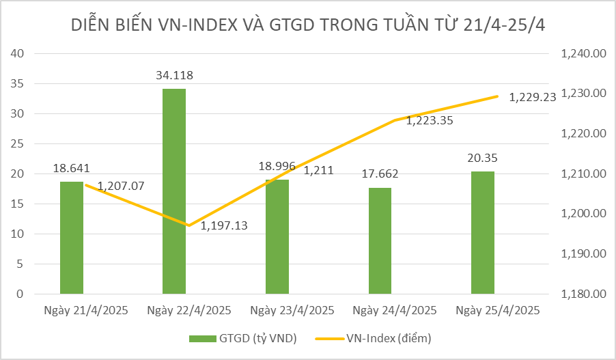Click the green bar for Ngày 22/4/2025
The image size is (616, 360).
[x=174, y=191]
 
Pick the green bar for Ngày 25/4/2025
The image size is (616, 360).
[x=483, y=232]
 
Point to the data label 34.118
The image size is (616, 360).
[x=174, y=76]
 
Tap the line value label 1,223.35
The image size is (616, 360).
[x=430, y=121]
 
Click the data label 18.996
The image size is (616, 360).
[x=277, y=167]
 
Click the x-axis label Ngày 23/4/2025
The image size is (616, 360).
[x=292, y=310]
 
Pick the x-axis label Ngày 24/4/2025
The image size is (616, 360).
[x=394, y=310]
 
